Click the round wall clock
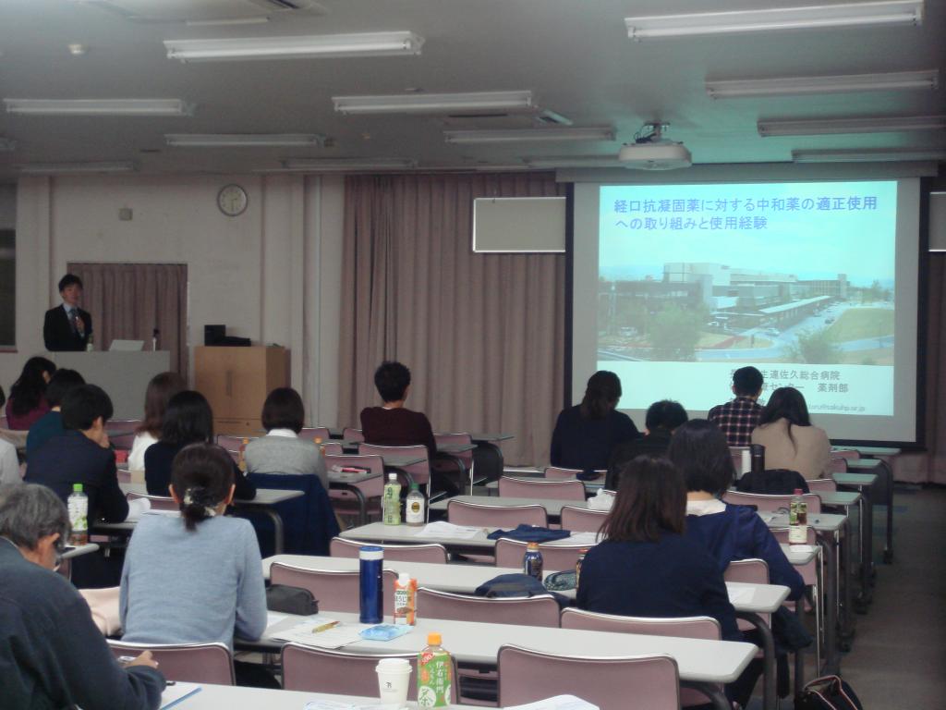coord(232,200)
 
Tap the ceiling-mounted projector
coord(654,153)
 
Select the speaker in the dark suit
coord(67,315)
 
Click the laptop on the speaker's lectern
coord(127,345)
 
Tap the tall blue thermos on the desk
coord(370,584)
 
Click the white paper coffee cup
coord(393,681)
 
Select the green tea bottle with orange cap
coord(433,671)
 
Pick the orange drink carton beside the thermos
coord(405,599)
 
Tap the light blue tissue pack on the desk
coord(384,632)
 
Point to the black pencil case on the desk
coord(291,600)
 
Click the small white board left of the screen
coord(518,225)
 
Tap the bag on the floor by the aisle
coord(827,693)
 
